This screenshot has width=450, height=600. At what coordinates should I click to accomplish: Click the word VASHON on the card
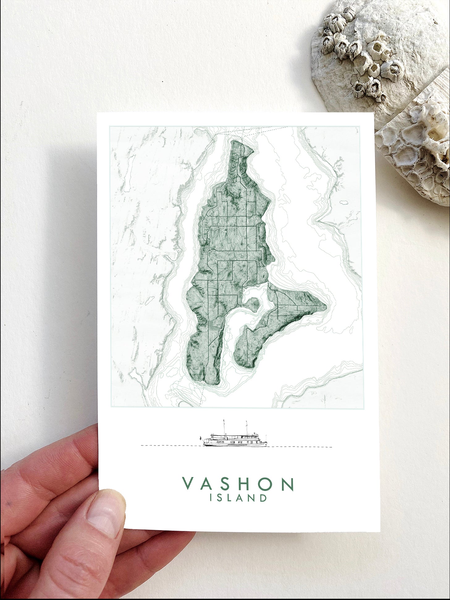tap(238, 484)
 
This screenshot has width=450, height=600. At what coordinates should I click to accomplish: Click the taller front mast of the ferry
tap(224, 426)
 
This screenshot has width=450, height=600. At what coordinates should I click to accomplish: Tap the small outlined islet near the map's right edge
tap(344, 203)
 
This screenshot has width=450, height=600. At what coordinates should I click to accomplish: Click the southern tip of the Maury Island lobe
tap(247, 367)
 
